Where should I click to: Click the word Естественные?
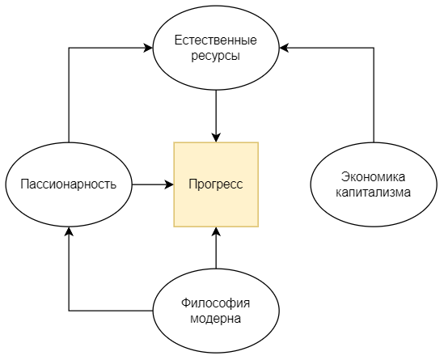[216, 40]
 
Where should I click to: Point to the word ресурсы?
[216, 57]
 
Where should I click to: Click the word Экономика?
[374, 177]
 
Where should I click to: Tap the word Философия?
[216, 303]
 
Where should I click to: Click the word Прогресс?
[216, 184]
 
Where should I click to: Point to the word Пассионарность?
[69, 184]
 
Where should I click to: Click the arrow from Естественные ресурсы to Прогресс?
[216, 113]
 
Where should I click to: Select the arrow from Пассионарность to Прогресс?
[152, 184]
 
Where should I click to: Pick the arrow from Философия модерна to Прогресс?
[216, 251]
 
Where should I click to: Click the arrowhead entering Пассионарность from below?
[69, 231]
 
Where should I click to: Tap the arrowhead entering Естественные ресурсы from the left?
[148, 49]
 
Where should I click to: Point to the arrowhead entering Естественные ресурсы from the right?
[285, 49]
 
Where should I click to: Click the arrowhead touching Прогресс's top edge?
[216, 137]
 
